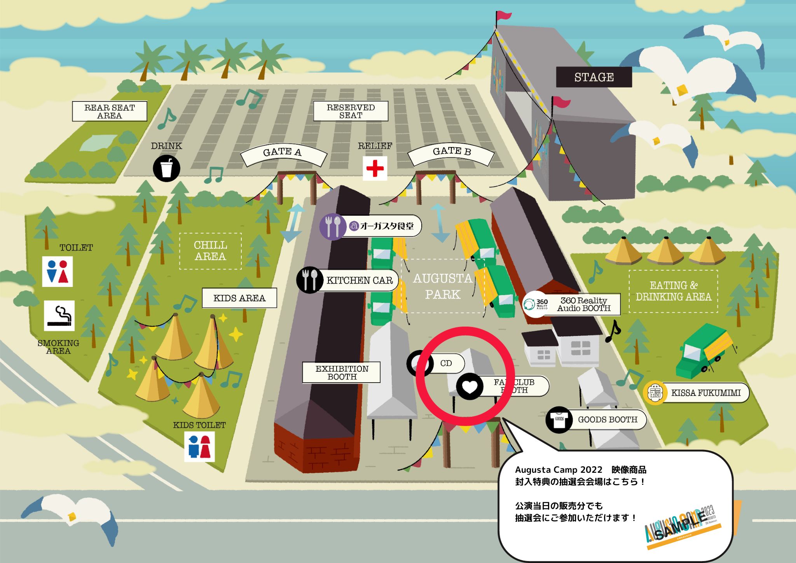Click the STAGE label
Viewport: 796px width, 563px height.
(594, 77)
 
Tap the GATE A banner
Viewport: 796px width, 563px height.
(283, 152)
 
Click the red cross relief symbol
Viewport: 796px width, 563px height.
(375, 168)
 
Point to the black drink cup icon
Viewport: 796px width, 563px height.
(166, 168)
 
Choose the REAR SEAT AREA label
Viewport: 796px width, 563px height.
(110, 112)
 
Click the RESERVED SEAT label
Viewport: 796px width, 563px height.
(351, 111)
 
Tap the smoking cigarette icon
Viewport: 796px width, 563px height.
(59, 316)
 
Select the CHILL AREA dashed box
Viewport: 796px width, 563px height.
(210, 251)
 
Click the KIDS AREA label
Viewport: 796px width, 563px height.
(239, 298)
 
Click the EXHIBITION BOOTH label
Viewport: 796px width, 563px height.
(342, 372)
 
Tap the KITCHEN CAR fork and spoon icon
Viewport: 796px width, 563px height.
(310, 280)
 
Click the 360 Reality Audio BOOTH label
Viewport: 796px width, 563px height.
(583, 304)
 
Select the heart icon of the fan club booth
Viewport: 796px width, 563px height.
(470, 386)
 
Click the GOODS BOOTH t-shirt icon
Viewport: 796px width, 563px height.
(559, 420)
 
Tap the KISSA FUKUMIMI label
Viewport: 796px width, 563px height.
(705, 393)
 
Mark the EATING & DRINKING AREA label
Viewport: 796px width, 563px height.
(673, 291)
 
